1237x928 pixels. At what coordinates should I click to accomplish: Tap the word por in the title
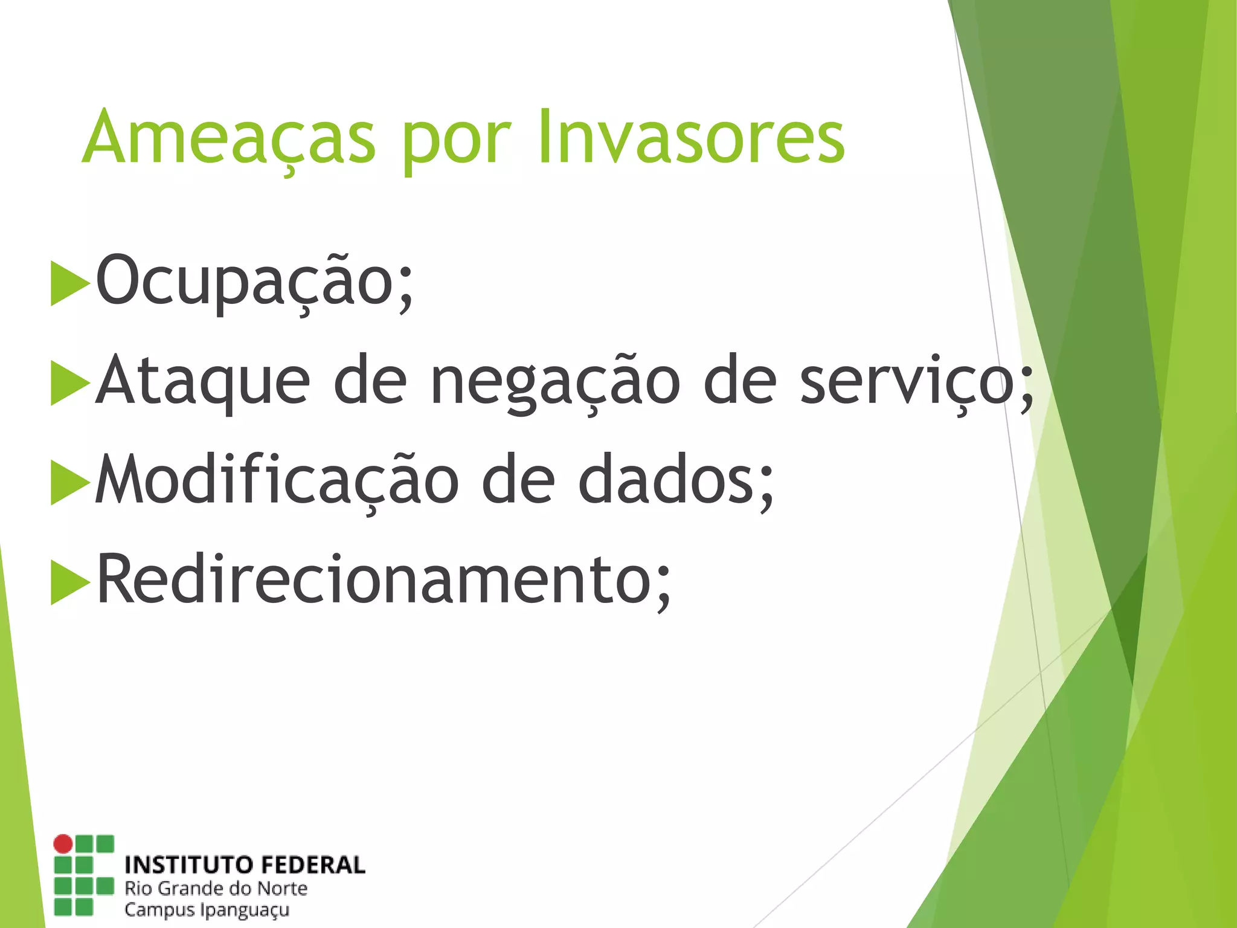(457, 142)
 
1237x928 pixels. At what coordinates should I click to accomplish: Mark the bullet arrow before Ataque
(69, 383)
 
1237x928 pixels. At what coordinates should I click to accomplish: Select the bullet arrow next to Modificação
(69, 482)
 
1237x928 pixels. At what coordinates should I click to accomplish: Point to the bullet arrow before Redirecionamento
(69, 582)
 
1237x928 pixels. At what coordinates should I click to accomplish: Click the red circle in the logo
(63, 844)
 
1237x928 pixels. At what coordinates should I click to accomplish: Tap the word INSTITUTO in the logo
(185, 865)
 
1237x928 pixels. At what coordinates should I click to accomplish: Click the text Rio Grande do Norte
(216, 889)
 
